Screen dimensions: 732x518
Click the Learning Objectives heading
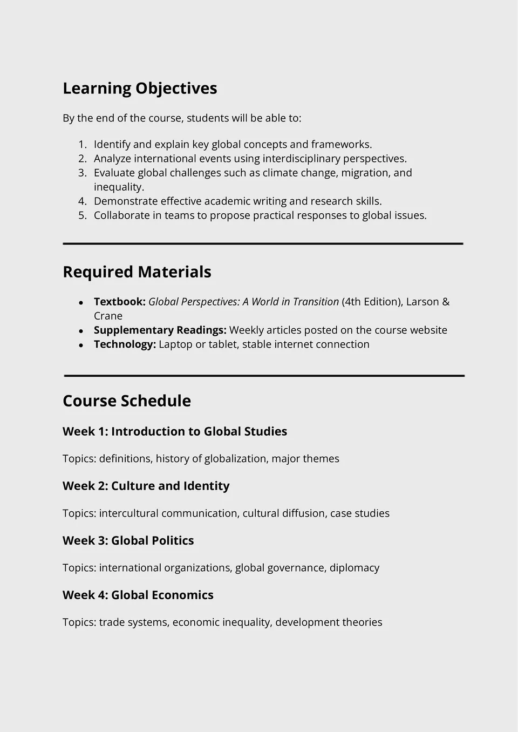140,89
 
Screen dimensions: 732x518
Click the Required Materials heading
137,272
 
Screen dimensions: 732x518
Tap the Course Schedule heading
126,401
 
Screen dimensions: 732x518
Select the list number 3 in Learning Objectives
82,173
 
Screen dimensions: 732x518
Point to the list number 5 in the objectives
82,215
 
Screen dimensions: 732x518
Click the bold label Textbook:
119,302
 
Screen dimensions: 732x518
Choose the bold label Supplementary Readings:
160,330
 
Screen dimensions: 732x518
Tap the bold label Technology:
125,344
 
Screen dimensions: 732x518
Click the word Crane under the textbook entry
108,316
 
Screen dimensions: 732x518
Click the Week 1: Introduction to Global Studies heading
174,432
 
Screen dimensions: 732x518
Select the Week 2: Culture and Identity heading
146,486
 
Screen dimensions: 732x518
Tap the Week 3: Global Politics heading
128,540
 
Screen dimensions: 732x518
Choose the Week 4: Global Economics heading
138,595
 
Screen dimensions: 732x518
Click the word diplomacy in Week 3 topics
354,568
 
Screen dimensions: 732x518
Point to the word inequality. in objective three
119,187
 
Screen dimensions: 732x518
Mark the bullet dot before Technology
81,345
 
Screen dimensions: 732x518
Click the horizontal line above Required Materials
263,244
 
